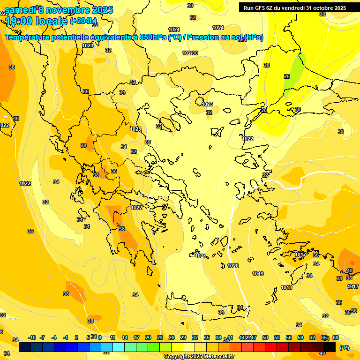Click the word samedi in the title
[x=20, y=10]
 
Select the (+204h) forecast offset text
[x=83, y=21]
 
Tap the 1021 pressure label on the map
[x=200, y=256]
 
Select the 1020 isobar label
[x=233, y=266]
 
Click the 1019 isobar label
[x=258, y=274]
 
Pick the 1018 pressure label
[x=286, y=287]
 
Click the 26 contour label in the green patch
[x=287, y=76]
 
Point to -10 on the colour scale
[x=32, y=337]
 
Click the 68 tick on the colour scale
[x=336, y=337]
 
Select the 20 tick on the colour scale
[x=148, y=337]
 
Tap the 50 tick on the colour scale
[x=265, y=337]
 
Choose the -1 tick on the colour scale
[x=65, y=337]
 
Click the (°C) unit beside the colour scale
[x=344, y=347]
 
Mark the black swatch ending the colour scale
[x=330, y=347]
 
